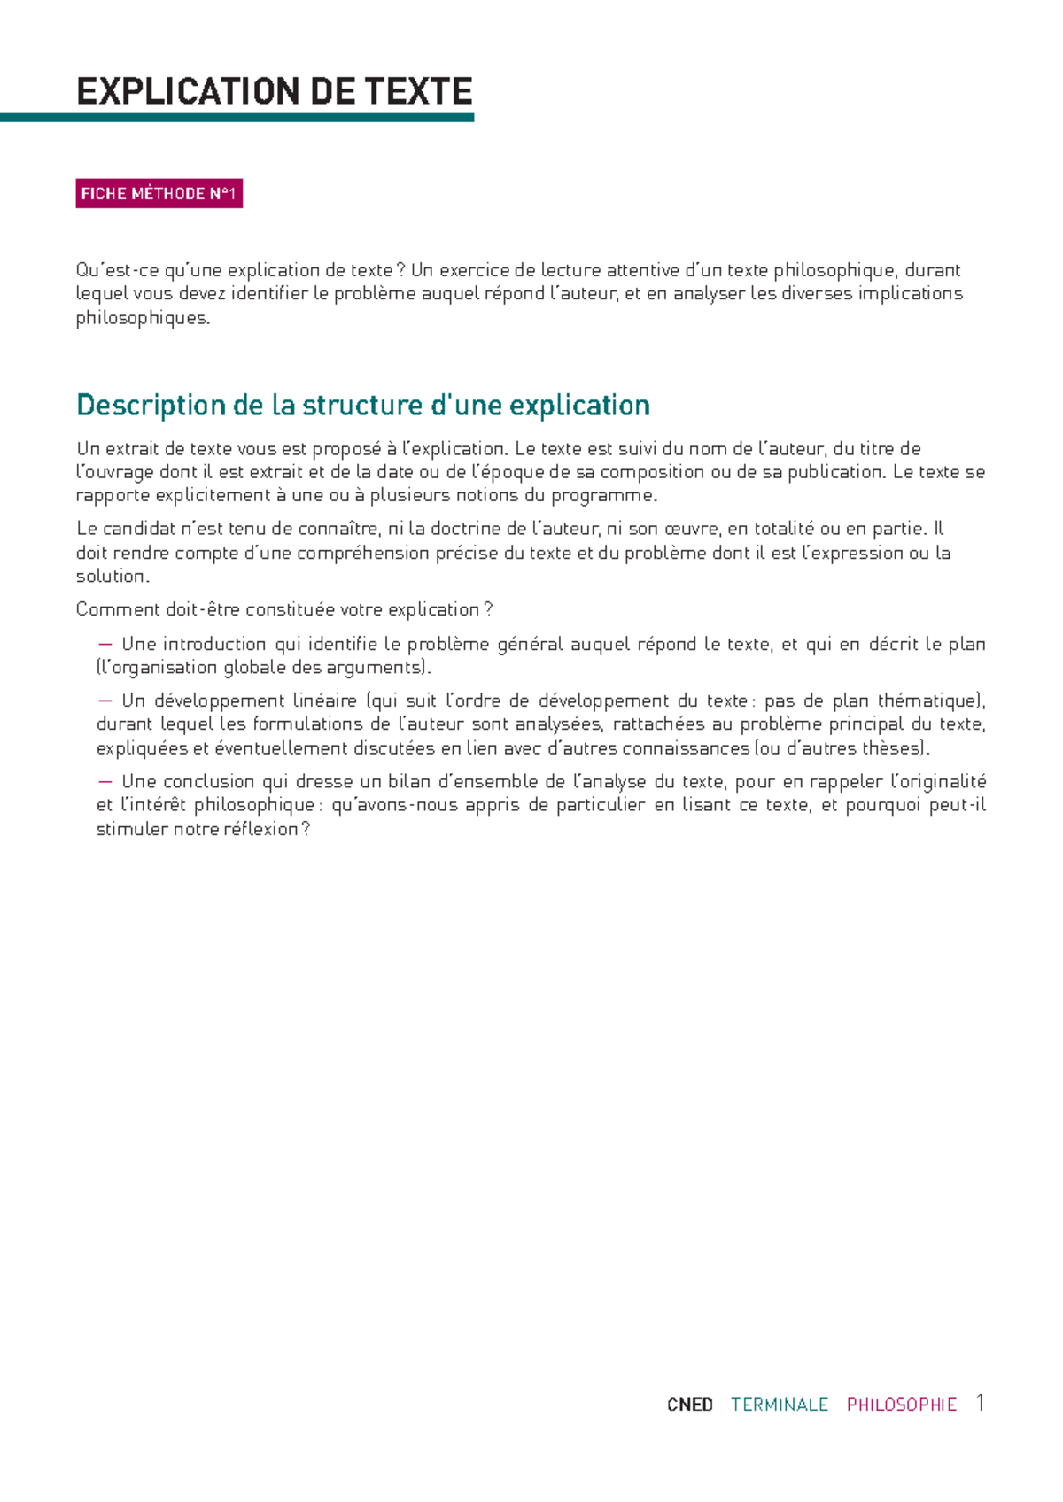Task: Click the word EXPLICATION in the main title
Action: (176, 92)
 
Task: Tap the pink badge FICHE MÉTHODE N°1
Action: (159, 194)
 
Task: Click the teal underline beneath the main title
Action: (237, 118)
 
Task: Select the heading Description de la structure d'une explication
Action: (363, 406)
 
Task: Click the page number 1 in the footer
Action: (980, 1403)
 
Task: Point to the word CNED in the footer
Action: (690, 1405)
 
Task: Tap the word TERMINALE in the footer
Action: (780, 1405)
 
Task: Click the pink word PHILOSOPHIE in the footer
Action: (902, 1405)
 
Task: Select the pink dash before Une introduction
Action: (106, 644)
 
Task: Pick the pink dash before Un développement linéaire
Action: (106, 701)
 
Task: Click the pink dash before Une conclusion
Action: (106, 781)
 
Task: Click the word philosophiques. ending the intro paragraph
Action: (144, 318)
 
